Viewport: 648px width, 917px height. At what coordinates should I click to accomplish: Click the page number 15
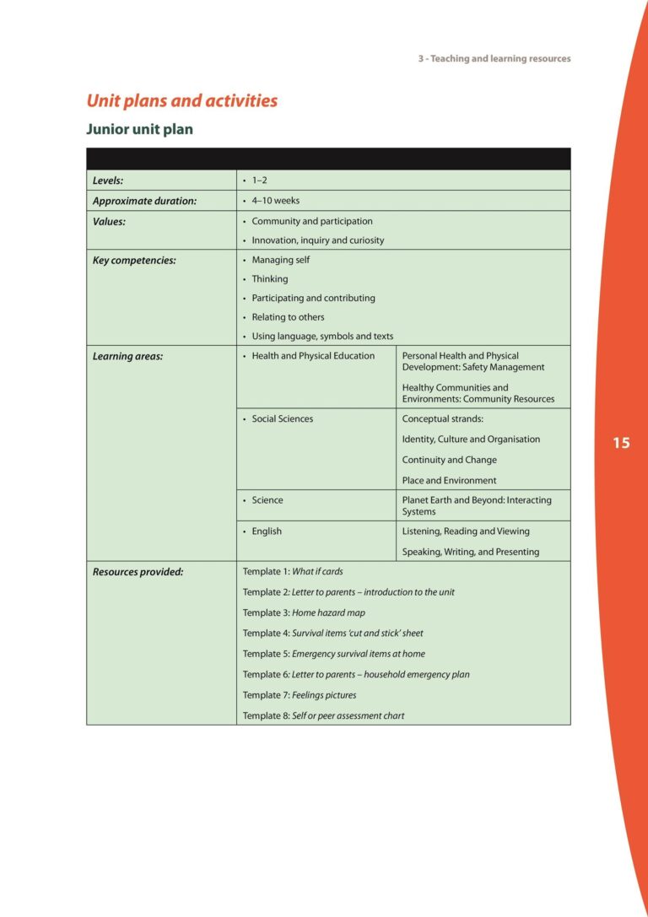coord(621,443)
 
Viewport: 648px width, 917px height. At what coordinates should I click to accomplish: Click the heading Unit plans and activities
coord(181,101)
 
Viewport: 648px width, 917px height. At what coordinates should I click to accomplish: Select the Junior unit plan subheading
coord(139,130)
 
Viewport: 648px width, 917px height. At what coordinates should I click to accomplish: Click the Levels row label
coord(108,181)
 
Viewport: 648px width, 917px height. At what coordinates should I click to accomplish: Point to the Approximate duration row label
coord(144,201)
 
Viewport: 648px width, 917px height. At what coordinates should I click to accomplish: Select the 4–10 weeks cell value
coord(275,201)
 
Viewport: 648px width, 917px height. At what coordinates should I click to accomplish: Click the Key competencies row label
coord(134,261)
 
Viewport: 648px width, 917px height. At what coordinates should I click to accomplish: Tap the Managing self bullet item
coord(280,260)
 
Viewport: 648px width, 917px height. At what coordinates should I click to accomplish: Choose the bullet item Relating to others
coord(288,317)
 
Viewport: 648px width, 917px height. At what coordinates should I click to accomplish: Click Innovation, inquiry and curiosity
coord(317,240)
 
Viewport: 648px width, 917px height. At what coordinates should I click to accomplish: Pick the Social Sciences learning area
coord(282,419)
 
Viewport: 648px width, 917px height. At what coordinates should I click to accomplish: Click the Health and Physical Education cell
coord(312,356)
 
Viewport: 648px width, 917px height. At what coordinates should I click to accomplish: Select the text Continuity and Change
coord(449,460)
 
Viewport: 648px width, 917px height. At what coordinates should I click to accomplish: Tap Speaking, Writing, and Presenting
coord(470,552)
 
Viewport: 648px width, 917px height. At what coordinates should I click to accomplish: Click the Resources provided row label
coord(138,572)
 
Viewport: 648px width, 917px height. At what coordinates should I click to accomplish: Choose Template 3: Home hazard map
coord(304,612)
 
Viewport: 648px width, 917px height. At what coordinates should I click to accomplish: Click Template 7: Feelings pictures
coord(300,695)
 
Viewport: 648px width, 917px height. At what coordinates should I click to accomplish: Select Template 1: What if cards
coord(293,572)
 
